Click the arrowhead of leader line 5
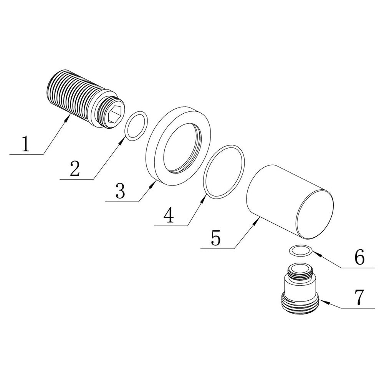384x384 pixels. coord(257,220)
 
